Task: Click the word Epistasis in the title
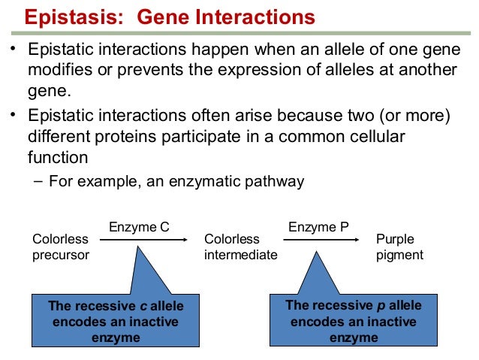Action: [x=68, y=16]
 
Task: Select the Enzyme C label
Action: [x=139, y=225]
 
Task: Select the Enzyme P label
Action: [x=318, y=225]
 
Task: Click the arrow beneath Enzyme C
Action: [x=143, y=240]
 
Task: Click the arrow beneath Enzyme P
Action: [x=322, y=240]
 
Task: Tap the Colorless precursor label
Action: [x=61, y=247]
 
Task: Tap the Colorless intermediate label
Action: [x=240, y=247]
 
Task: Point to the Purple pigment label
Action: [x=399, y=247]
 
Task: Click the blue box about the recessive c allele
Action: [x=116, y=322]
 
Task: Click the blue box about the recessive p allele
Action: [x=354, y=321]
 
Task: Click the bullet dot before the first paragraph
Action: [x=13, y=50]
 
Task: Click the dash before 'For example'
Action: [x=38, y=181]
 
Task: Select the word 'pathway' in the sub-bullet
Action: [x=277, y=181]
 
